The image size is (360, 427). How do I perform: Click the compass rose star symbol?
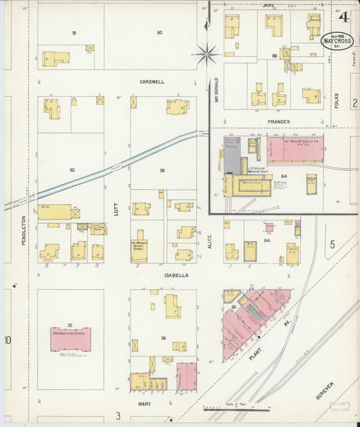[x=206, y=53]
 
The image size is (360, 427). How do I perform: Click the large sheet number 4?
[x=344, y=17]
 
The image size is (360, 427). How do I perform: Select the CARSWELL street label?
[x=152, y=82]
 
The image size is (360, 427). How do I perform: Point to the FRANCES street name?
[x=278, y=122]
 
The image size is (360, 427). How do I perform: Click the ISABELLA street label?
[x=175, y=276]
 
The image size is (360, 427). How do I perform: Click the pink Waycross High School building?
[x=70, y=339]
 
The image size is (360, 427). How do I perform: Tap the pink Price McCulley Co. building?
[x=294, y=149]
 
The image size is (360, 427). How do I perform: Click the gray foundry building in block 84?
[x=232, y=156]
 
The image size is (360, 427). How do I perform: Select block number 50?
[x=159, y=32]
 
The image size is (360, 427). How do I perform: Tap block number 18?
[x=74, y=32]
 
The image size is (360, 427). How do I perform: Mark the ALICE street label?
[x=209, y=251]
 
